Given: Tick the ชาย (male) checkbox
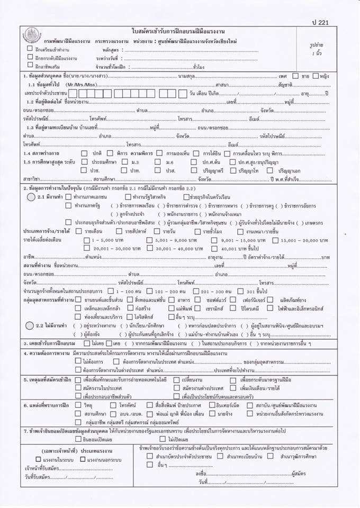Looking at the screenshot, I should [296, 76].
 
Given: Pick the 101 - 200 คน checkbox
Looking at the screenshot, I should [150, 292].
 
